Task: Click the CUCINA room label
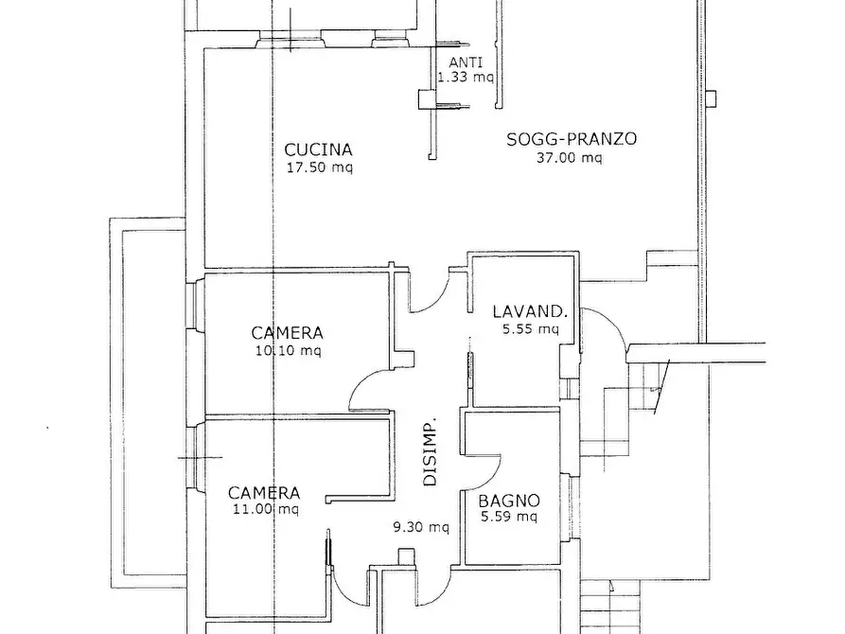318,150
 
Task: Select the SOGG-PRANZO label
571,139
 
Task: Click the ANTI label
464,62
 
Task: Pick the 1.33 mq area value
464,78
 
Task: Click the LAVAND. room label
529,311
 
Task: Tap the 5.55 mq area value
530,329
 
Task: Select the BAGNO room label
508,501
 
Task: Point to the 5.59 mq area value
508,517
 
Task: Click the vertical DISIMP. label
431,451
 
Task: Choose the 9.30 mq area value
421,527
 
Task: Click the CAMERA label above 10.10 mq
287,333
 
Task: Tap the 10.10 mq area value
287,350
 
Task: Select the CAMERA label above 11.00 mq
264,493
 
